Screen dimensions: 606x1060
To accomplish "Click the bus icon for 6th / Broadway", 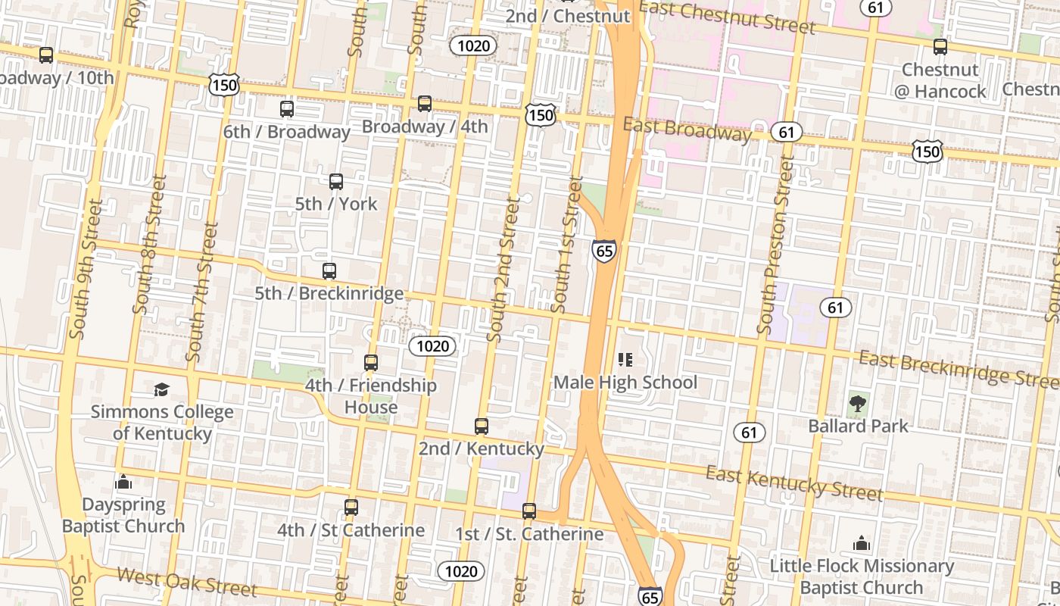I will (287, 108).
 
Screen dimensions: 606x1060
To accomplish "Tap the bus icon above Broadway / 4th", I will (425, 104).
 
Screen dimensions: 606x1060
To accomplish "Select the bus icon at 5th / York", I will (336, 182).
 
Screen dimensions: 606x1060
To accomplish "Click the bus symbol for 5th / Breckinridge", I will (329, 271).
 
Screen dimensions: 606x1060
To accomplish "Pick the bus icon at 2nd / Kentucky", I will (482, 426).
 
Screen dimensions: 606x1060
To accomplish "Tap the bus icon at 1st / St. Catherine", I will (529, 511).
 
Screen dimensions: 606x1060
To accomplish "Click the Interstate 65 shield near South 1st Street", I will (604, 250).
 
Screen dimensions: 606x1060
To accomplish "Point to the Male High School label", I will (625, 382).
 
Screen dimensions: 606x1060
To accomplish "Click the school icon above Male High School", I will (625, 359).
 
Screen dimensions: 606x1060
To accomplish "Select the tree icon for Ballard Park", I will (858, 404).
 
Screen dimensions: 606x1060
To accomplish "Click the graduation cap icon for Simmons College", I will (162, 390).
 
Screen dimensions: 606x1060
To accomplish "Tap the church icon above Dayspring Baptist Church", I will (123, 483).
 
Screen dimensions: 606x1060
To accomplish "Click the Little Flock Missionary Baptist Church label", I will (862, 576).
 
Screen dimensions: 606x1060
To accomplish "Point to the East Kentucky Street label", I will (794, 483).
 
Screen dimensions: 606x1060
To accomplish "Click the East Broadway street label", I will (687, 130).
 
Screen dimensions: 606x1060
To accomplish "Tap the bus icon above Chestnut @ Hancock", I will (940, 47).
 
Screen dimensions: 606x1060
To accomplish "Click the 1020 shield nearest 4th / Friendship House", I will (433, 346).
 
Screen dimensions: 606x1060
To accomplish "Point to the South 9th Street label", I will (86, 269).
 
